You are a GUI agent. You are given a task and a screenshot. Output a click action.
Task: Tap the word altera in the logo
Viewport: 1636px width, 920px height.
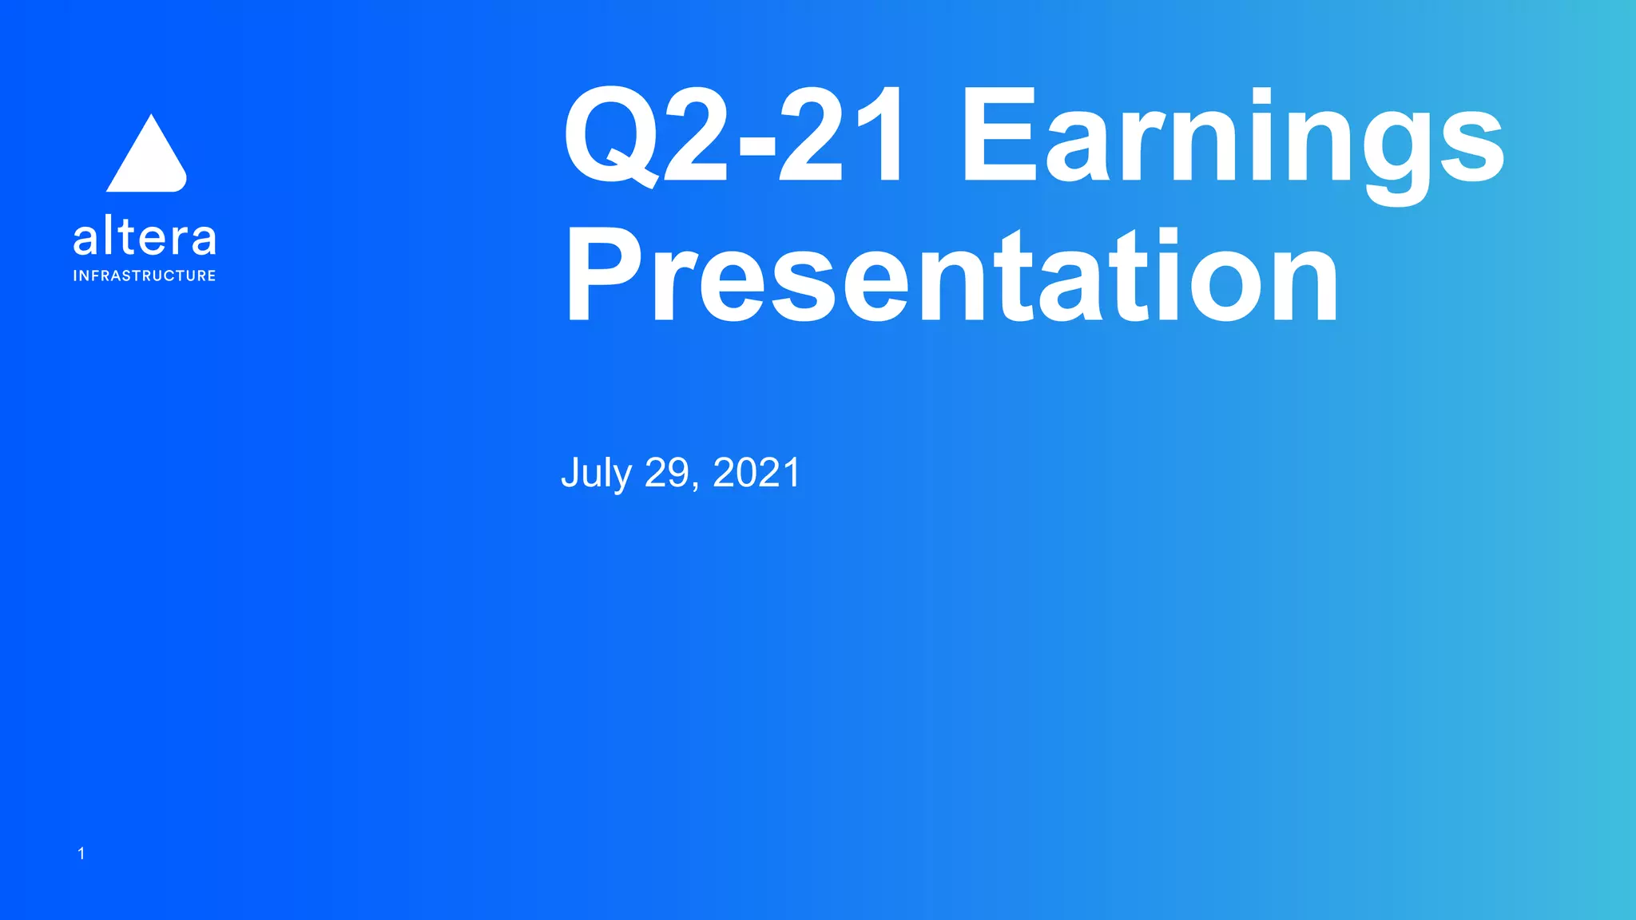[145, 237]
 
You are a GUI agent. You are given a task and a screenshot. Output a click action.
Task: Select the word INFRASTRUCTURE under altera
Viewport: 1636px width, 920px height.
[145, 276]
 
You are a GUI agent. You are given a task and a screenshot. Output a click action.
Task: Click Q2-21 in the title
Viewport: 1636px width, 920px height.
[735, 137]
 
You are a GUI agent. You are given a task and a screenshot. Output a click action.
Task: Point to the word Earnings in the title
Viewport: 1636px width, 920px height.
[1232, 137]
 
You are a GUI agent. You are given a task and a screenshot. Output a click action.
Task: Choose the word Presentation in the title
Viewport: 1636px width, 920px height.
[951, 276]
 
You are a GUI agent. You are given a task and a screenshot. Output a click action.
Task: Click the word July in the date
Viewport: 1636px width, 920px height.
[596, 473]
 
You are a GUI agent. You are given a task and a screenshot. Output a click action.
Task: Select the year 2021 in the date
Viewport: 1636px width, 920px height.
[756, 473]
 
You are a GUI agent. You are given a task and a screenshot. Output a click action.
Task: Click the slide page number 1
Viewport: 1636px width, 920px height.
[81, 854]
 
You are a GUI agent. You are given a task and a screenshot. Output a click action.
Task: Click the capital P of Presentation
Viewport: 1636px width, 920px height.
[605, 276]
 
